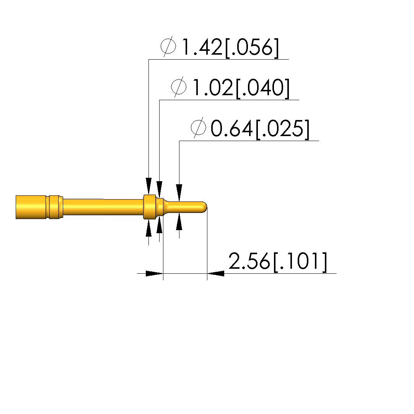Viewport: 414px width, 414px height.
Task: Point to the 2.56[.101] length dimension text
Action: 278,261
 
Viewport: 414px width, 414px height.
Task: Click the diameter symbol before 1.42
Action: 168,46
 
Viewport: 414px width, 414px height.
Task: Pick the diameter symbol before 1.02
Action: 179,87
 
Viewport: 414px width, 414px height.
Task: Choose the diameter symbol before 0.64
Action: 199,127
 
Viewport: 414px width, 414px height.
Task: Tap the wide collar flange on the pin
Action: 150,207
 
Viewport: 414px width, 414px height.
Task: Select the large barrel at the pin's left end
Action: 39,207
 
